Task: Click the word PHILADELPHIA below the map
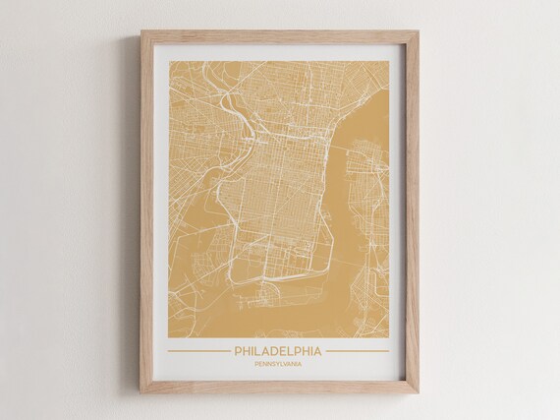click(x=280, y=350)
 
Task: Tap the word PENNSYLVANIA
click(x=280, y=365)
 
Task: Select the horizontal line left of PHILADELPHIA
click(x=197, y=351)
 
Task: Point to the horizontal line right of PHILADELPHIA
click(x=360, y=351)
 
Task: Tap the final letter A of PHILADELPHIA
click(x=320, y=350)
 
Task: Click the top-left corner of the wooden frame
click(x=141, y=30)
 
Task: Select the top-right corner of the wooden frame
click(x=419, y=30)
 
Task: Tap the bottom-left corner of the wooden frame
click(x=141, y=392)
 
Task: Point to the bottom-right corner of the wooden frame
click(x=419, y=392)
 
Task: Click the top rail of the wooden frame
click(x=280, y=35)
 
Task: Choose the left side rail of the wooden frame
click(x=146, y=211)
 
